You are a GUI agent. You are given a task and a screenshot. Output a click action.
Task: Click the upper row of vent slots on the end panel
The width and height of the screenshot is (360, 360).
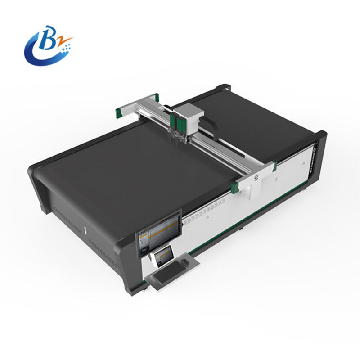67,212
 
